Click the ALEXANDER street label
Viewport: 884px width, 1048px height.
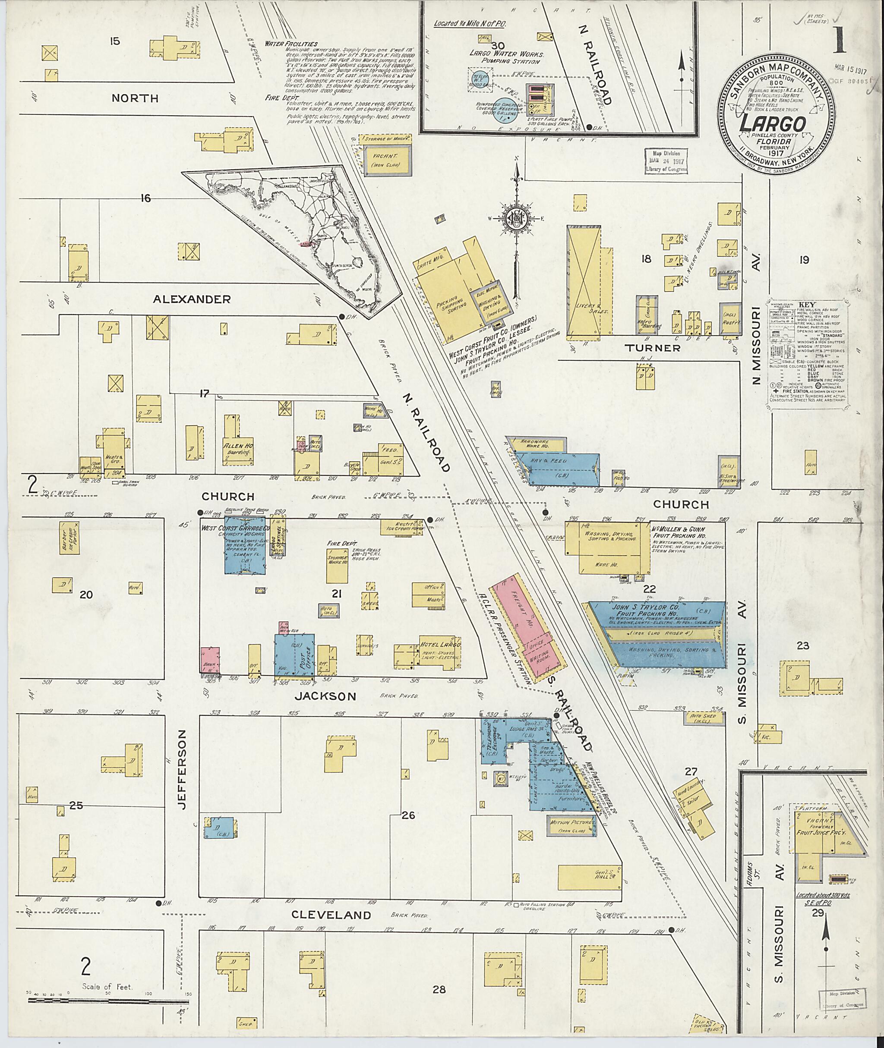[x=192, y=299]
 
